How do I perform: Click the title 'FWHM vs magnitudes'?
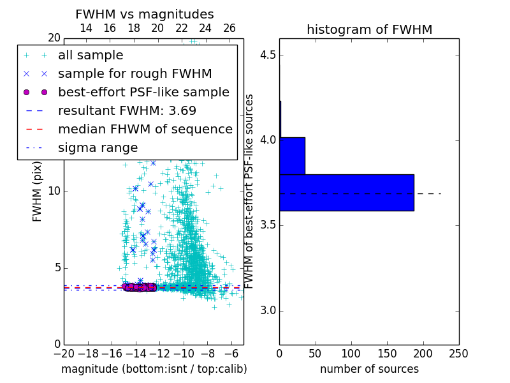[144, 14]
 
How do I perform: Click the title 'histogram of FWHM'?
[369, 29]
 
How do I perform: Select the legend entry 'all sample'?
[91, 56]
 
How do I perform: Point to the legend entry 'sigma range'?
[98, 147]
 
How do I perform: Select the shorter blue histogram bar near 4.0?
[292, 156]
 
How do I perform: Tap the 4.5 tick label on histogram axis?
[268, 55]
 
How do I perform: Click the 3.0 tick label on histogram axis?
[268, 311]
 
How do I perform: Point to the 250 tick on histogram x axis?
[458, 354]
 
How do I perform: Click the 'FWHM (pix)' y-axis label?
[38, 191]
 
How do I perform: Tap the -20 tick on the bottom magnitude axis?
[64, 354]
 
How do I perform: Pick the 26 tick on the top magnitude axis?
[229, 28]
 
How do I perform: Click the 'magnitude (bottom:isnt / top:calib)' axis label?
[154, 369]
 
